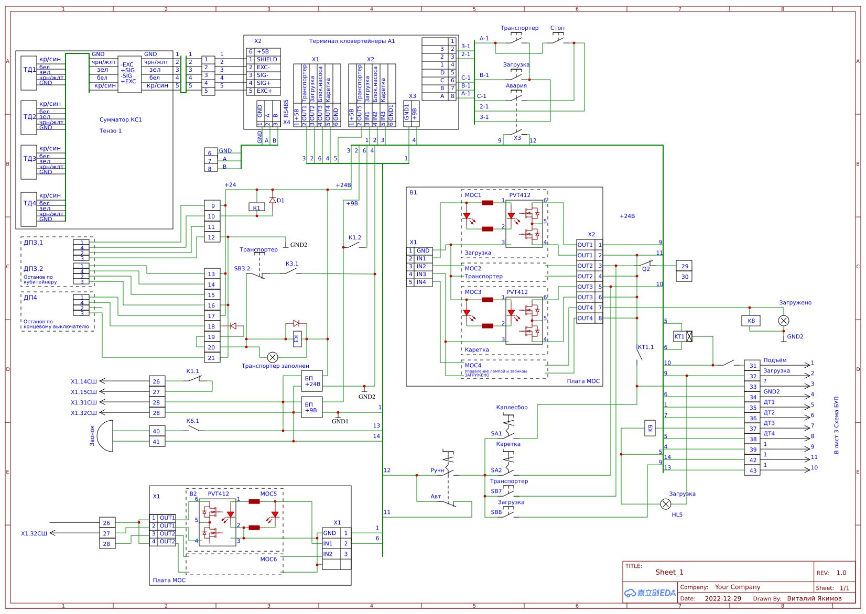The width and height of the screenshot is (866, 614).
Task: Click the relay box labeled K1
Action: (256, 207)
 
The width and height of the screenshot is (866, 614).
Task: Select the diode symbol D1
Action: (273, 200)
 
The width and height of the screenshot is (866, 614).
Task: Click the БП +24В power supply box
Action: (312, 381)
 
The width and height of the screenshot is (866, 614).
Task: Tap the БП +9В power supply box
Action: (312, 407)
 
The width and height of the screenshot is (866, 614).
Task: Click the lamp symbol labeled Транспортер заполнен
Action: (273, 357)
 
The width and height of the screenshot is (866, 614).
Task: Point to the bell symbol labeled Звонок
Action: (106, 436)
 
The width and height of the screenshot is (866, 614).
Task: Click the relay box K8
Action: (751, 321)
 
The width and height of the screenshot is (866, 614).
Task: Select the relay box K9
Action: (650, 428)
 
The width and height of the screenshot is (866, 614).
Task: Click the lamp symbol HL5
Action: (665, 504)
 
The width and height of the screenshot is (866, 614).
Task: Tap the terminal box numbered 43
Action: (752, 470)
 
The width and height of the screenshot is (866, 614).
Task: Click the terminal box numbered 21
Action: (212, 358)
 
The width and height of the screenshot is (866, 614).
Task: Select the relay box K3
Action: (296, 338)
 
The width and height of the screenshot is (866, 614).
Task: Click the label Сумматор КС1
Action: (121, 119)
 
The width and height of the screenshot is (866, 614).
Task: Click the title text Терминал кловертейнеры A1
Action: (352, 41)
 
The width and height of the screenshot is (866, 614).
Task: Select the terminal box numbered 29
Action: (685, 266)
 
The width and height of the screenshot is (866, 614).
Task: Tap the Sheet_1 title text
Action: (669, 572)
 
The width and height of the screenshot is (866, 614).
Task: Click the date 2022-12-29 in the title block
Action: (722, 598)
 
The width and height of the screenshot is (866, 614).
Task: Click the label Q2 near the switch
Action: (646, 269)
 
